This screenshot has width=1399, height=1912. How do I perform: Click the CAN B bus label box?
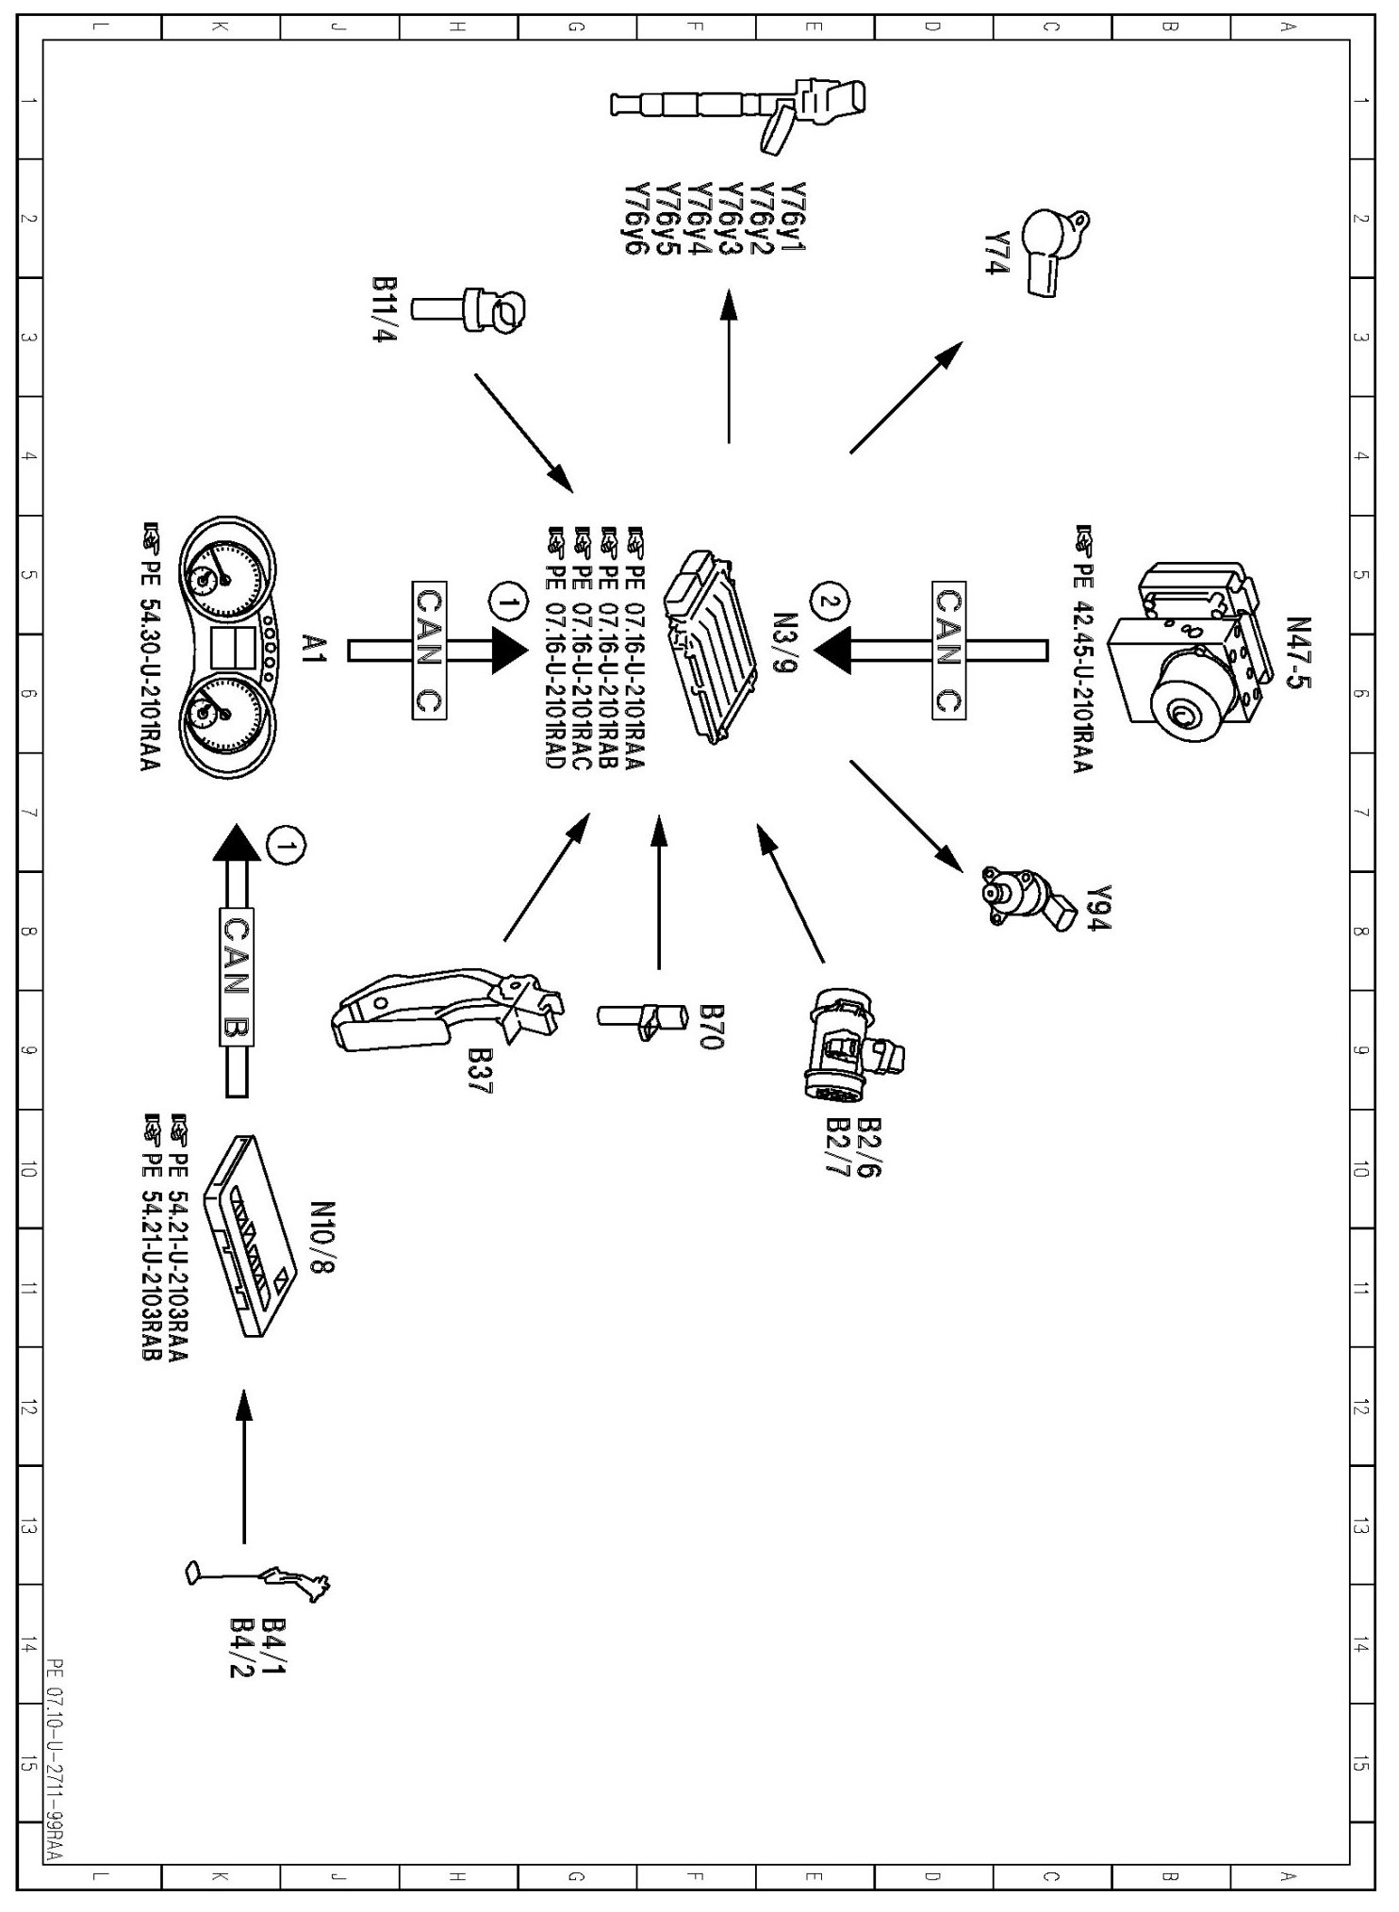click(236, 977)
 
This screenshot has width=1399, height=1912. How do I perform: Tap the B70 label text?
click(711, 1028)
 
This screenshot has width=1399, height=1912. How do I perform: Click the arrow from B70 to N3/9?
click(658, 891)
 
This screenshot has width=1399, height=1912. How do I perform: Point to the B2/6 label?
click(868, 1148)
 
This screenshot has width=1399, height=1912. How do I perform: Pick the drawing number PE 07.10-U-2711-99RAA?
click(54, 1769)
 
